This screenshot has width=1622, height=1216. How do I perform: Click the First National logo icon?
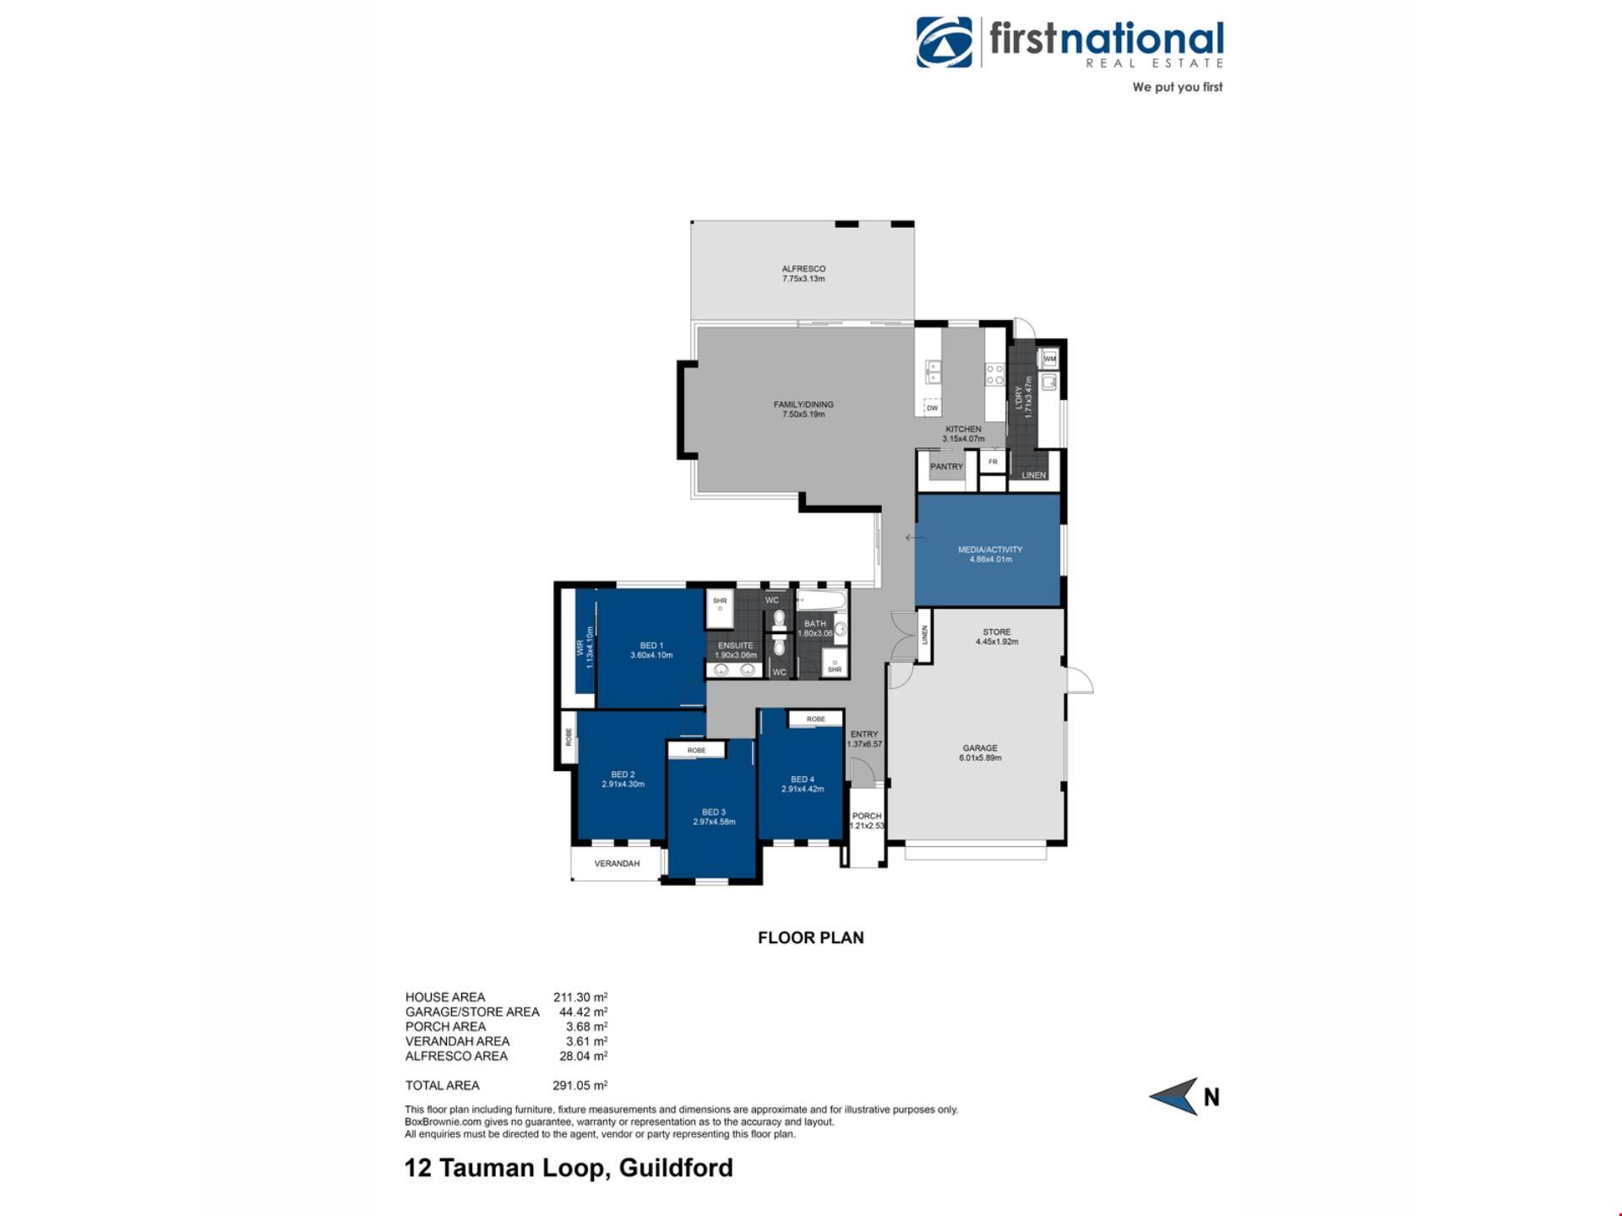pos(944,42)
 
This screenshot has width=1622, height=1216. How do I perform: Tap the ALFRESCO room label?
pos(803,269)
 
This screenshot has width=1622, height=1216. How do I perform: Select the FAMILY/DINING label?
pos(803,404)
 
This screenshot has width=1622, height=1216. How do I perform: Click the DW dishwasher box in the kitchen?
pos(932,407)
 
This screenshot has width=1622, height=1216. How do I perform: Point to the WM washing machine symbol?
pos(1049,359)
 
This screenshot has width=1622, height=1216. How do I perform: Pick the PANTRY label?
pos(946,466)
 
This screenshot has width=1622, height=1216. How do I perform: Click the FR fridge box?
pos(993,462)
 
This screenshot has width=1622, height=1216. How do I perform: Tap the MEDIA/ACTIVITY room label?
pos(990,550)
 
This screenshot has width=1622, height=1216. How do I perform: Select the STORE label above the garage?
pos(997,632)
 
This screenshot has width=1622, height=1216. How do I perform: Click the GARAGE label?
pos(980,748)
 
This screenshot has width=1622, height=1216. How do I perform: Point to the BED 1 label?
pos(651,646)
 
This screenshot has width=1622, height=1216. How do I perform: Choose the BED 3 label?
pos(714,812)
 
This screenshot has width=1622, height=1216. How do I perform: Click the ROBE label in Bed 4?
pos(815,719)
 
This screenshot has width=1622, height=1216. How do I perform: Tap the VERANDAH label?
pos(617,864)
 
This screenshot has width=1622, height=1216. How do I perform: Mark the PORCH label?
pos(867,816)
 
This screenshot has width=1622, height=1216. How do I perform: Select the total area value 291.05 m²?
pos(580,1085)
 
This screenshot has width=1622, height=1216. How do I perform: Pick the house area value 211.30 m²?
pos(580,996)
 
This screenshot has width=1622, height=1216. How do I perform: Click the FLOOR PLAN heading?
pos(811,937)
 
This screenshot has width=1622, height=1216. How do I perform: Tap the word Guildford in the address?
pos(676,1168)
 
